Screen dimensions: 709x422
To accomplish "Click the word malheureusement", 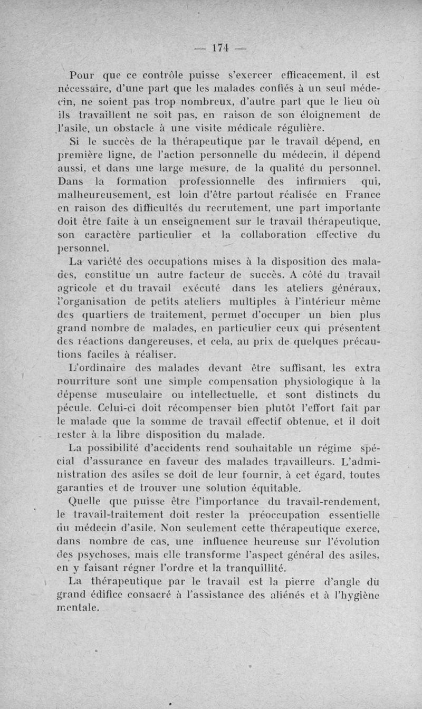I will coord(107,196).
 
